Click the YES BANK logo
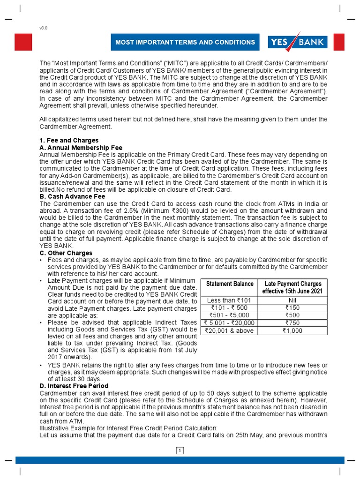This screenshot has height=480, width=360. point(297,42)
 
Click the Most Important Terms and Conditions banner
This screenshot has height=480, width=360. point(185,42)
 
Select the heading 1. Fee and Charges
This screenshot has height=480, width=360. point(69,140)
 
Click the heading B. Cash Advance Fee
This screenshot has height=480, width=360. point(72,196)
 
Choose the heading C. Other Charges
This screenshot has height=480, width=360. point(66,253)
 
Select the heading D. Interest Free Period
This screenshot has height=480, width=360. point(74,386)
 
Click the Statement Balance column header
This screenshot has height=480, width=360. point(230,284)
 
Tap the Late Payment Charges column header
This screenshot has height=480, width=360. point(293,287)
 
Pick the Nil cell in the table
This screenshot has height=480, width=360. point(293,300)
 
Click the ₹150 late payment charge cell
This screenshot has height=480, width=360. point(293,308)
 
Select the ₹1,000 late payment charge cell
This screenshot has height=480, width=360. point(293,330)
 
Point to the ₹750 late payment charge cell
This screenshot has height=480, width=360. point(293,323)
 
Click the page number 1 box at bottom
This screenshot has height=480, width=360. point(180,451)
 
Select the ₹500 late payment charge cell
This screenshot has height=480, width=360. point(293,315)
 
